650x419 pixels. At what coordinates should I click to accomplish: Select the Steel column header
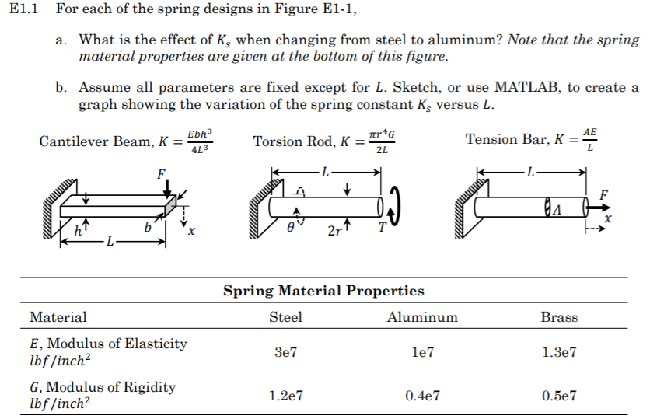tap(285, 317)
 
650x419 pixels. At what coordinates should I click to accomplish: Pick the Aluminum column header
tap(422, 317)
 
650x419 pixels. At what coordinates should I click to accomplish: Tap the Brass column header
tap(559, 317)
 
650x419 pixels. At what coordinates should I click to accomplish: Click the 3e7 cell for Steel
tap(285, 351)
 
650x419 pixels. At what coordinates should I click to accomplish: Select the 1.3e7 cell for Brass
tap(559, 351)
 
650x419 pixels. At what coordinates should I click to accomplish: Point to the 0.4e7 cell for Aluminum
tap(422, 396)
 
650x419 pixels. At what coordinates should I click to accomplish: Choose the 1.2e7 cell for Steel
tap(285, 396)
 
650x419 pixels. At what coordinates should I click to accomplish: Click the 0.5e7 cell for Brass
tap(559, 396)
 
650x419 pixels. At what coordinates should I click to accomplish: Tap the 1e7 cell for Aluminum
tap(422, 351)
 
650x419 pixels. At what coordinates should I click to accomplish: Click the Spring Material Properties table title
tap(323, 292)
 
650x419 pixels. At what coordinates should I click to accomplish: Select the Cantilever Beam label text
tap(95, 142)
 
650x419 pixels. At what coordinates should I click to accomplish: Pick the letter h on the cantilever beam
tap(75, 229)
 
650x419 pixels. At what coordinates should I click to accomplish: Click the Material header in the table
tap(58, 317)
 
